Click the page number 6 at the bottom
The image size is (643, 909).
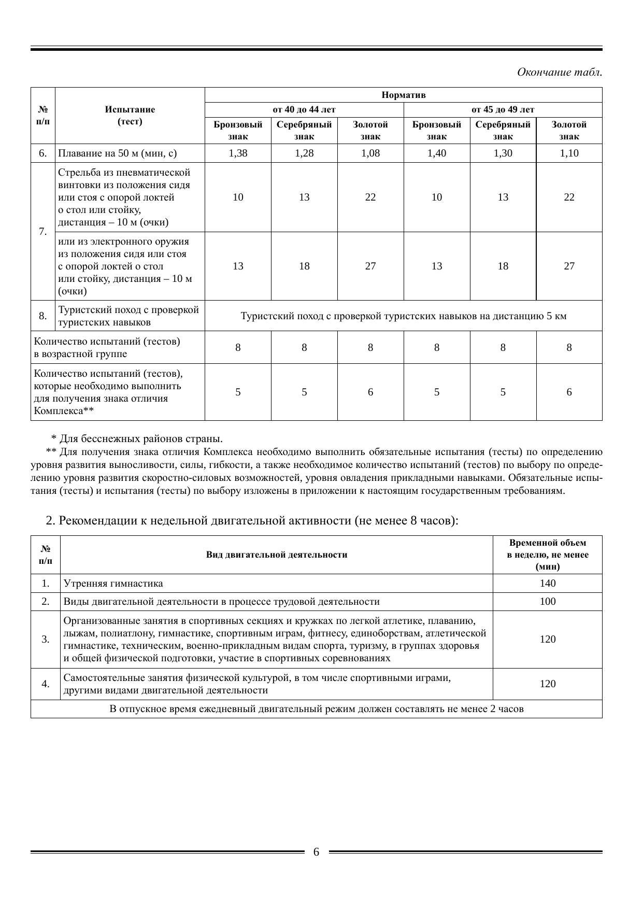tap(316, 852)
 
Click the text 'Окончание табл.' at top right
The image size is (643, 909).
tap(559, 72)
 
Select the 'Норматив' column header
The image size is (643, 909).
tap(403, 95)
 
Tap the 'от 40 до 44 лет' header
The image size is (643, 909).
tap(304, 109)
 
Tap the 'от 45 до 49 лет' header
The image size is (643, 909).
tap(503, 109)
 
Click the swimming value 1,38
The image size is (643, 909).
tap(238, 153)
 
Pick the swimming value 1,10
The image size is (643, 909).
tap(569, 153)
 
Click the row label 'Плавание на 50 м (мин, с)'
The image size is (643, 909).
tap(118, 153)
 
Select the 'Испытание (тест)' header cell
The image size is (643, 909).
tap(130, 116)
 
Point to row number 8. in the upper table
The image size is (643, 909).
tap(43, 316)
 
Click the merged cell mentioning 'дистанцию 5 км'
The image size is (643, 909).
tap(403, 316)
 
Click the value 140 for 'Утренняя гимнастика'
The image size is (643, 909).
tap(547, 583)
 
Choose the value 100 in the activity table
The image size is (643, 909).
tap(547, 601)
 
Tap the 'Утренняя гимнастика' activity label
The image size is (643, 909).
tap(113, 583)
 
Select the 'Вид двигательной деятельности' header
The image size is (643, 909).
tap(277, 555)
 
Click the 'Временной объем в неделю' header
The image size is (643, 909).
tap(547, 555)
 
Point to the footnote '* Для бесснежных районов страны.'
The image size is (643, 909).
tap(137, 438)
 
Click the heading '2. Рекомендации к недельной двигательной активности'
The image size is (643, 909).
tap(252, 520)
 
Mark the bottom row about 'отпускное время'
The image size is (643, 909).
tap(316, 708)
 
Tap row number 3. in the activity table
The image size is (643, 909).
tap(46, 639)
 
